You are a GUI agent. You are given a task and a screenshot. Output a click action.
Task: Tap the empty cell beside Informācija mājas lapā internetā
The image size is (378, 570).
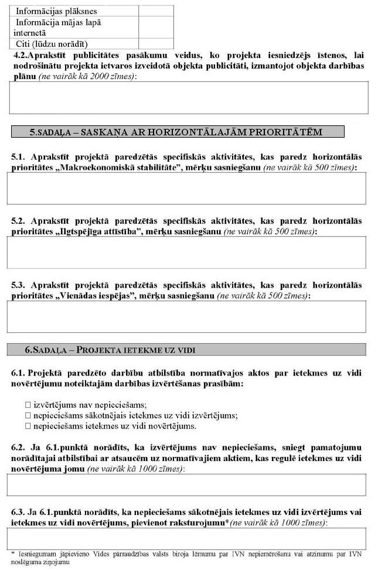(156, 28)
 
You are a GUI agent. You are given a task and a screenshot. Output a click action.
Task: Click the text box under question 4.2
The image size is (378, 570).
(188, 97)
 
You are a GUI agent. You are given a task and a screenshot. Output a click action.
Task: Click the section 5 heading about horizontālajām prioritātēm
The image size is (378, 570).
(177, 132)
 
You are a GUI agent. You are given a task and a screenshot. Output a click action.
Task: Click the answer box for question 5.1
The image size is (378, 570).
(186, 188)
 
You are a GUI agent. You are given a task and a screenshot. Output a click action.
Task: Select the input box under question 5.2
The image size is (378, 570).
(186, 252)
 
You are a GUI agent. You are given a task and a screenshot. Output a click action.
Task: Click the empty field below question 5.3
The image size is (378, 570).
(186, 316)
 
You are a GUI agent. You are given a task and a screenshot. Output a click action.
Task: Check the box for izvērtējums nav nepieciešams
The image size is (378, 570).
(28, 405)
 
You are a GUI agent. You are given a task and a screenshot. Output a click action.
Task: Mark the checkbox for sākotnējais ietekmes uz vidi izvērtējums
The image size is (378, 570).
(28, 415)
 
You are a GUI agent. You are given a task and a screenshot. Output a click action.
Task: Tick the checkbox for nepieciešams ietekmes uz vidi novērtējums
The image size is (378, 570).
(28, 426)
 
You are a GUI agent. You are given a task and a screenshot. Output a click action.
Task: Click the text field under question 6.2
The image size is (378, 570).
(186, 485)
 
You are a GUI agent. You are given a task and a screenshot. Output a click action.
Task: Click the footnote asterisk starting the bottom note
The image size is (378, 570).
(13, 552)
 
